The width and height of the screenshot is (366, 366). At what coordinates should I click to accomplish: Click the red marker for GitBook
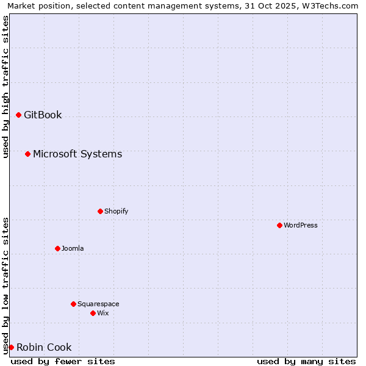click(x=18, y=115)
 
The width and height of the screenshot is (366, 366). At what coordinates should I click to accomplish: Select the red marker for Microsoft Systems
click(x=27, y=154)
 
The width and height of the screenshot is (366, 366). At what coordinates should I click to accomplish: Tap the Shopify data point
click(x=100, y=211)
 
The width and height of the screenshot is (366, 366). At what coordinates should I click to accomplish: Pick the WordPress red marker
click(x=279, y=225)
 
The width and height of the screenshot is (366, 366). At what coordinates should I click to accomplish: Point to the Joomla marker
click(x=57, y=248)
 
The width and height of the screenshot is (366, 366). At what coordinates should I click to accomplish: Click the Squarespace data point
click(x=73, y=304)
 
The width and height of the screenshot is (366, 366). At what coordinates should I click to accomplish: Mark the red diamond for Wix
click(x=93, y=313)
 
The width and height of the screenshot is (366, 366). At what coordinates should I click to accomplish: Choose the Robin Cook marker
click(x=11, y=347)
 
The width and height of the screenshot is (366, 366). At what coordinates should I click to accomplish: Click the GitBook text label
click(x=43, y=115)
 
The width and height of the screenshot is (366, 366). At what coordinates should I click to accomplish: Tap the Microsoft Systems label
click(x=77, y=154)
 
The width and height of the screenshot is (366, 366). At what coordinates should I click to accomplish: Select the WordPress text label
click(x=301, y=225)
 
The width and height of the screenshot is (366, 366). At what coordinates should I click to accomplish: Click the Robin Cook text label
click(x=44, y=348)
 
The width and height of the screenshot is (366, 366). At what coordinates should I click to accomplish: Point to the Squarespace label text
click(x=98, y=304)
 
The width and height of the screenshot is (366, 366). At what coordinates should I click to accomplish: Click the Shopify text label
click(x=116, y=211)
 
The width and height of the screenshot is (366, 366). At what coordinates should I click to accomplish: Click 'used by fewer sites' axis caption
click(x=63, y=361)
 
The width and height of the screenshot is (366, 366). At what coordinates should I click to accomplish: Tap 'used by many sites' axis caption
click(x=306, y=361)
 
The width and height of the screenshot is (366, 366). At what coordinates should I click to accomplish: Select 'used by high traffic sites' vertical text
click(x=5, y=87)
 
